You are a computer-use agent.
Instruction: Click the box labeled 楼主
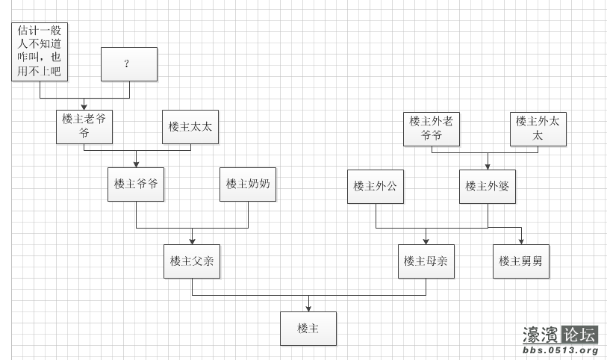coord(308,329)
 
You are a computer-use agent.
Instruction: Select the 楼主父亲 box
coord(192,261)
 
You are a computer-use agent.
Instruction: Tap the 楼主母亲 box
coord(426,261)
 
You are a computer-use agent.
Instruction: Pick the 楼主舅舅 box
coord(520,261)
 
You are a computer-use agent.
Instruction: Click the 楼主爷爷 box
coord(136,184)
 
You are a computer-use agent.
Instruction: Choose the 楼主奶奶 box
coord(248,184)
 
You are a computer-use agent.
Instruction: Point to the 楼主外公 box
coord(376,186)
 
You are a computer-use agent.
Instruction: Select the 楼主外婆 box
coord(488,186)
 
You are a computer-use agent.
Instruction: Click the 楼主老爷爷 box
coord(84,126)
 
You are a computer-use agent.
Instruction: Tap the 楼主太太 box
coord(190,126)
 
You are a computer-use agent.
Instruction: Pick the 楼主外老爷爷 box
coord(432,129)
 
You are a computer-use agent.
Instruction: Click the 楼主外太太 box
coord(538,129)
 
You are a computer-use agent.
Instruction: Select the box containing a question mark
coord(128,64)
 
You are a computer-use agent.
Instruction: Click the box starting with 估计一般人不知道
coord(40,51)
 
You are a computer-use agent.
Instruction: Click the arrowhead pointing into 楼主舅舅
coord(521,241)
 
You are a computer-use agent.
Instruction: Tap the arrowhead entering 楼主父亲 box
coord(192,241)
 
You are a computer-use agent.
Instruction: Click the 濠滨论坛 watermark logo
coord(560,335)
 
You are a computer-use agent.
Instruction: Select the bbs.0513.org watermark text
coord(561,350)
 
